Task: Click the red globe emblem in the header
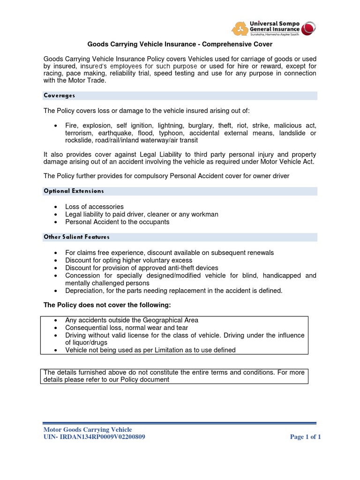point(309,28)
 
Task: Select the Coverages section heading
point(60,96)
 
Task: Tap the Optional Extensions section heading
point(74,191)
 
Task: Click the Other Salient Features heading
point(76,237)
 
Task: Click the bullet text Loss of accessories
point(94,207)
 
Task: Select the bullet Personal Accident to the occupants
point(117,222)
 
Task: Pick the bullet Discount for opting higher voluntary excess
point(128,260)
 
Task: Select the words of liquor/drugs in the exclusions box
point(83,343)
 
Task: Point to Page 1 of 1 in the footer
point(305,437)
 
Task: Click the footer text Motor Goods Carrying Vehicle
point(88,429)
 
